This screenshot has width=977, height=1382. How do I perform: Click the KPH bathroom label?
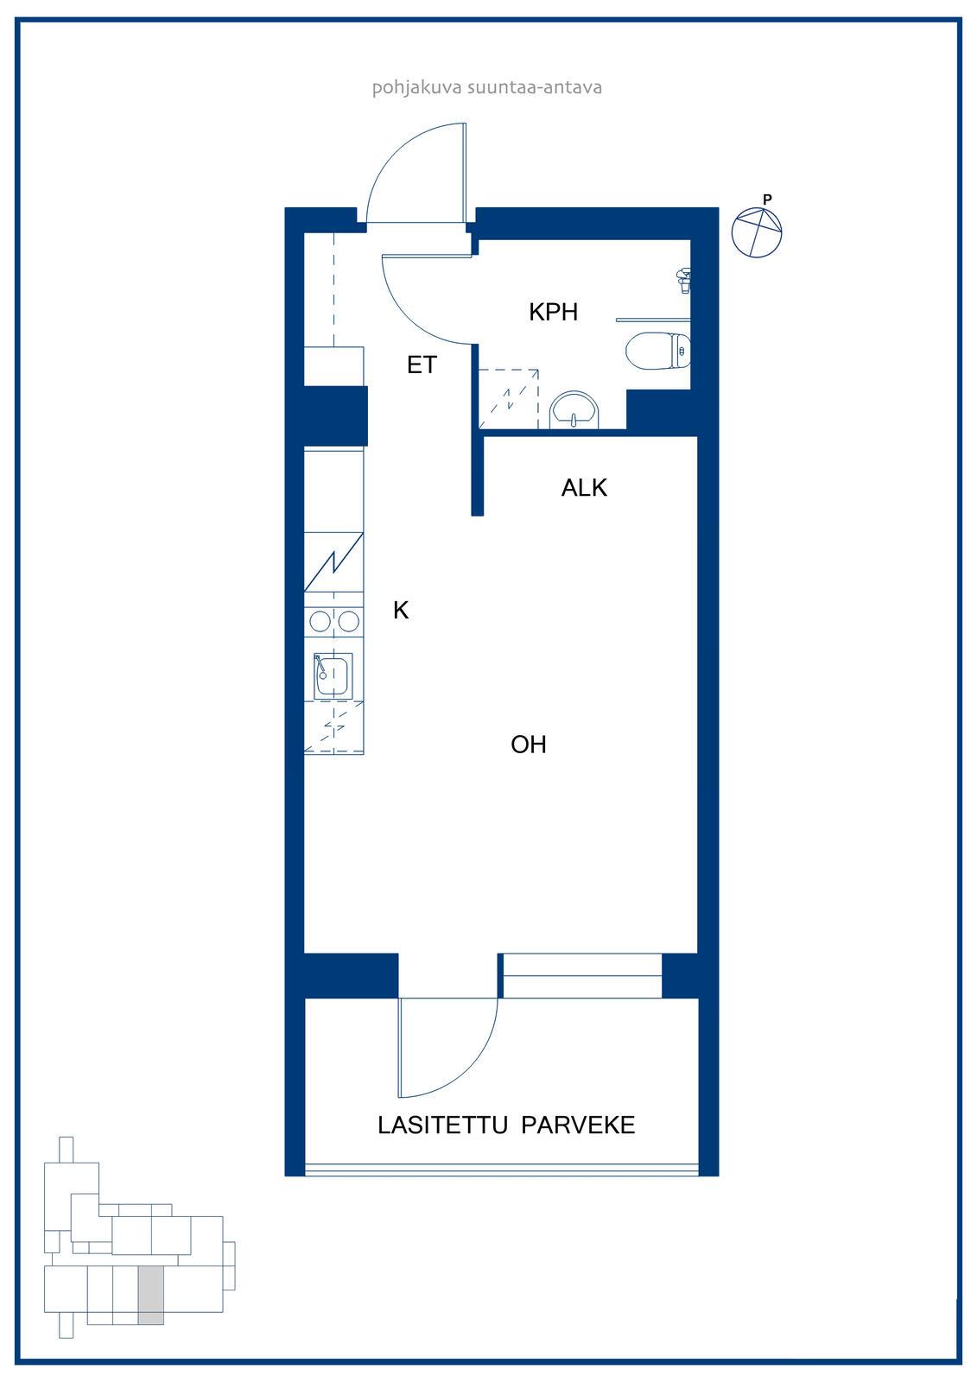(553, 312)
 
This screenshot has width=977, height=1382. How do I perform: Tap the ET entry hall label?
(422, 365)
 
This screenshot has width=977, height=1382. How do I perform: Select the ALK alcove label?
(584, 488)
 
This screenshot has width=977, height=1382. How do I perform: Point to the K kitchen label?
(401, 610)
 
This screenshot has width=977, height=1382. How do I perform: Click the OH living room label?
(529, 745)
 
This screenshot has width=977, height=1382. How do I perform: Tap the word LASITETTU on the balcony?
(442, 1125)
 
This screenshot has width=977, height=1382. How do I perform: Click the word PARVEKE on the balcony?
(578, 1125)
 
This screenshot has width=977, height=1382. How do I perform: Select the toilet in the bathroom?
(658, 351)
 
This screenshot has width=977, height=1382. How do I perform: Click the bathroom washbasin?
(574, 409)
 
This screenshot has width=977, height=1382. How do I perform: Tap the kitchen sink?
(333, 676)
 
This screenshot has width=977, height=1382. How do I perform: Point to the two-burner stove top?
(334, 621)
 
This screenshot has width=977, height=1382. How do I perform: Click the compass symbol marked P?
(757, 231)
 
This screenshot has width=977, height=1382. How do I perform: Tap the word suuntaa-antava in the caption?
(535, 87)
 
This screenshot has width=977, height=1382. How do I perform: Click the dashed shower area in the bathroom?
(509, 399)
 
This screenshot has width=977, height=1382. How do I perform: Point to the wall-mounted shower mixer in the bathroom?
(683, 281)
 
